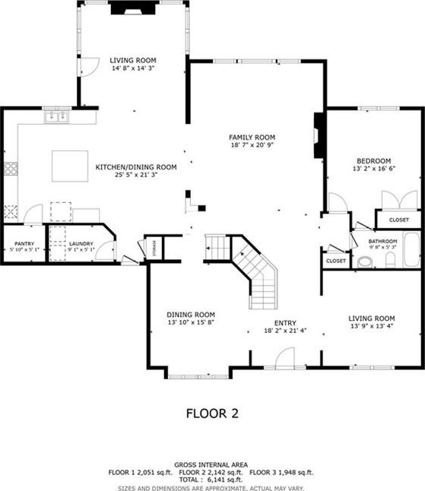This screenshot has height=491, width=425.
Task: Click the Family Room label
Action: point(252,137)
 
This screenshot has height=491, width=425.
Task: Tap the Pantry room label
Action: point(24,244)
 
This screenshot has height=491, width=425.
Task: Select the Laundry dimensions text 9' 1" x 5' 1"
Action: point(81,249)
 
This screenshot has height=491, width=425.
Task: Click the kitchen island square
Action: point(70,166)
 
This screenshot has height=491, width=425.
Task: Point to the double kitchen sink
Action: point(57,117)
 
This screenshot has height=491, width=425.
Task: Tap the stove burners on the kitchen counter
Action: point(11,169)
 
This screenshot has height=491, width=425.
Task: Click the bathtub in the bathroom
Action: point(412,249)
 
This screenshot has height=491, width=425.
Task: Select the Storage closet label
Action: point(154,248)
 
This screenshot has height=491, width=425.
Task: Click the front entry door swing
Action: point(285,356)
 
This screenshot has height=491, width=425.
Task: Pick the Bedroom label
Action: point(373,161)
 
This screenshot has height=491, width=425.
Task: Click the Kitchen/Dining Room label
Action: point(136,167)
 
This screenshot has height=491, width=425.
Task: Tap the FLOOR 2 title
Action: point(212,413)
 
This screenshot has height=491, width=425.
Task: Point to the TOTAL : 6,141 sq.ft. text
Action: point(211,480)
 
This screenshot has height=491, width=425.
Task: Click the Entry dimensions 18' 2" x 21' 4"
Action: point(285,331)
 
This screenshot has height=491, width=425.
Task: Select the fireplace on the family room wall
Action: point(319,135)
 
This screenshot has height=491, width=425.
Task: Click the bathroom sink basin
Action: point(364,261)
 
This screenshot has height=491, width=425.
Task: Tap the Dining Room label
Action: point(191,315)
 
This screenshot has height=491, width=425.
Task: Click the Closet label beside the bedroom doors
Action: point(398,220)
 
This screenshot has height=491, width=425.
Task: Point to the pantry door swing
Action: point(33,214)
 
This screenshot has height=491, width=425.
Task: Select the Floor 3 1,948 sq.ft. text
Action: point(281,473)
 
